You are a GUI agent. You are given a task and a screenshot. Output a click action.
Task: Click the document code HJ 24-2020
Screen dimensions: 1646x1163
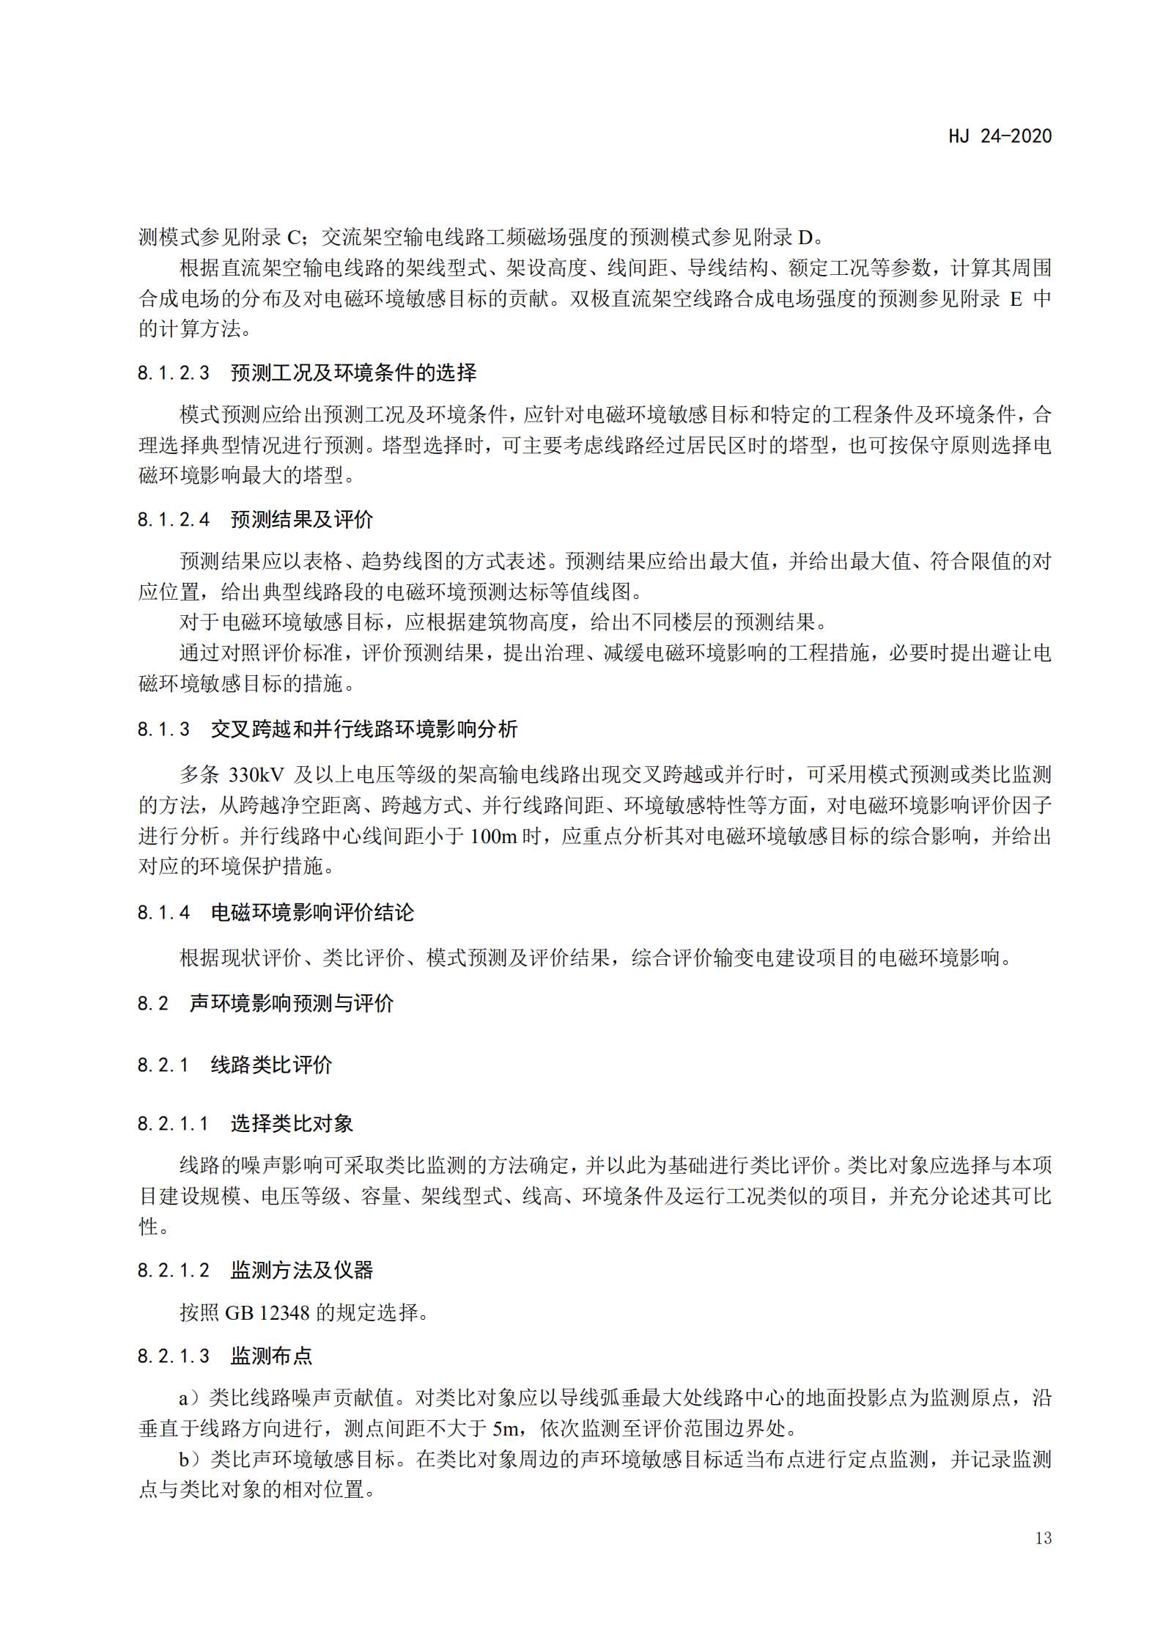[999, 136]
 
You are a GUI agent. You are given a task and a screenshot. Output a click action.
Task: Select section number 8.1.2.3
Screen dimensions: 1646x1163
[174, 373]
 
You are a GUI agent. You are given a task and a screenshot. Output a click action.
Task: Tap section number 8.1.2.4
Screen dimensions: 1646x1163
[174, 520]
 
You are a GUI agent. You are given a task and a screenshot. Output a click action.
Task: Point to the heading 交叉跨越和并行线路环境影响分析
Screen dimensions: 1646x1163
[364, 729]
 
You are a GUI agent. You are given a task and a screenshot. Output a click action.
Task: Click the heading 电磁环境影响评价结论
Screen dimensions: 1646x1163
[312, 912]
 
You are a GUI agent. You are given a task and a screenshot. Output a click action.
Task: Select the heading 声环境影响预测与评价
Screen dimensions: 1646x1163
[292, 1003]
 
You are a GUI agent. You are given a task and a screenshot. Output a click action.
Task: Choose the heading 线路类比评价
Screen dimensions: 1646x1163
[271, 1065]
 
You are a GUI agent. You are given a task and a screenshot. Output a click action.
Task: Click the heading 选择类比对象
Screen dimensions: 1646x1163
[292, 1123]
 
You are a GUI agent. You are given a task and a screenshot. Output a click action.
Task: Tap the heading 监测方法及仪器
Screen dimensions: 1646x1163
[302, 1270]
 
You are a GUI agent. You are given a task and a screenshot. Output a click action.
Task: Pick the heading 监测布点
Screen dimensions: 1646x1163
[271, 1356]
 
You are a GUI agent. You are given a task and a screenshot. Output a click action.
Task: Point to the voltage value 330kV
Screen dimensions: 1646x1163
[256, 775]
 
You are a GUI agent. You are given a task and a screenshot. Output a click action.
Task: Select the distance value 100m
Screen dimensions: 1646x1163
[493, 836]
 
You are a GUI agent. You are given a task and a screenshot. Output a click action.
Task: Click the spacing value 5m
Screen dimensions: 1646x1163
[506, 1428]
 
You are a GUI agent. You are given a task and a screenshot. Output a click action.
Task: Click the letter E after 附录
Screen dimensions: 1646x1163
[1016, 299]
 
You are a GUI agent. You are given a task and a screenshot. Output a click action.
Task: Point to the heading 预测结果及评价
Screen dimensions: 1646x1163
[302, 520]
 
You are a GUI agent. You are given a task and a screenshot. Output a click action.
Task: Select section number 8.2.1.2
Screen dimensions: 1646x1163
[174, 1270]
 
